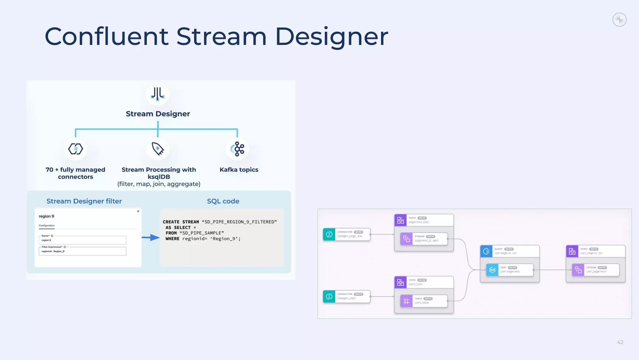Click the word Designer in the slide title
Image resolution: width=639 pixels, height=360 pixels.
331,37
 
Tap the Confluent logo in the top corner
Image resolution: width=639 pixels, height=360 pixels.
619,20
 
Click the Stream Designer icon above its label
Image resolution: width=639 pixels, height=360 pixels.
158,94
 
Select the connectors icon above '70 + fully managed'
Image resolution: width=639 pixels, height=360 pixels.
76,149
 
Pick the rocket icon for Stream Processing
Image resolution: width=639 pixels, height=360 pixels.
158,149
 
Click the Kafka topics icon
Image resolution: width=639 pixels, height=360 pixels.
237,149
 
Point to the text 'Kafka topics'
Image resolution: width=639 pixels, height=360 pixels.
239,170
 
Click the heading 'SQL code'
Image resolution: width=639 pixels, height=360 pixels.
223,201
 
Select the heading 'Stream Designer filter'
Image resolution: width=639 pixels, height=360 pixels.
84,201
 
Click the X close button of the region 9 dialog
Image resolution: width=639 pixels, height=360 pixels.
138,211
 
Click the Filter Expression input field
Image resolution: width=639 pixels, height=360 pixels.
82,251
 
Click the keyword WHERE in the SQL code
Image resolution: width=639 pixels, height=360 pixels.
172,239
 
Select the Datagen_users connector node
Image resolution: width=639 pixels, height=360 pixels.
346,296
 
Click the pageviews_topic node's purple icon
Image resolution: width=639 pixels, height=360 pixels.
400,220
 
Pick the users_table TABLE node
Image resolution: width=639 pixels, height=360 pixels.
424,301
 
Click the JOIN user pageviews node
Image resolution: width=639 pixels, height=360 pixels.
510,270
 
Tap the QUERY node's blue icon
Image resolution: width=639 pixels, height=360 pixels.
486,251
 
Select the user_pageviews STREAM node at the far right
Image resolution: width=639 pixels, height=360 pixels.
595,270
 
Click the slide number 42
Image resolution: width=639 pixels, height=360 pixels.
620,342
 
